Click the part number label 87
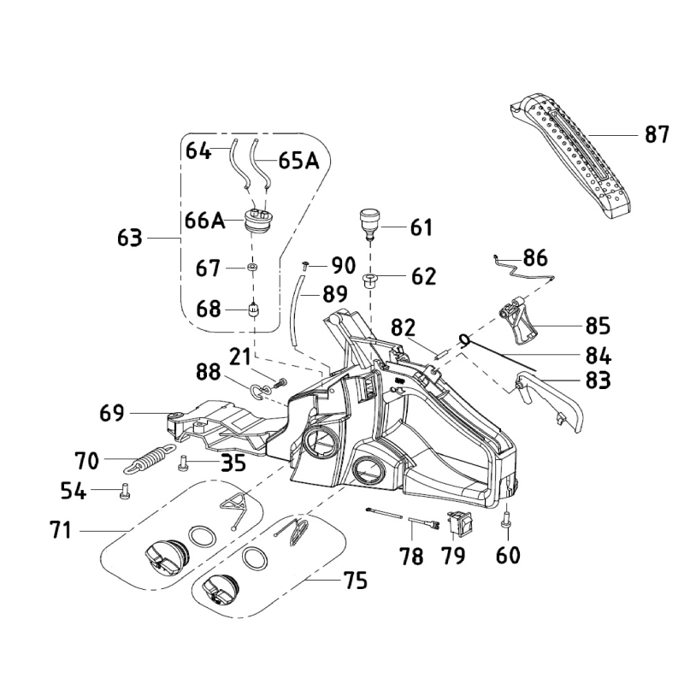point(657,134)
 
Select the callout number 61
point(422,228)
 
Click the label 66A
point(204,220)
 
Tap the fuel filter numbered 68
point(253,309)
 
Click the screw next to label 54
point(125,492)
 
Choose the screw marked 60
point(508,518)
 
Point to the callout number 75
point(355,581)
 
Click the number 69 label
point(112,415)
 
